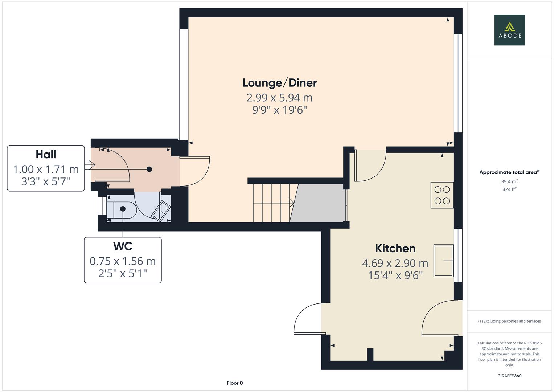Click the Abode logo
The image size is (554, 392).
(509, 30)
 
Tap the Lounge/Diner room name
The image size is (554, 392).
(279, 83)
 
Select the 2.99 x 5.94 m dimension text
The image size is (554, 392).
(279, 98)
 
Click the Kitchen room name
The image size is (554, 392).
(395, 248)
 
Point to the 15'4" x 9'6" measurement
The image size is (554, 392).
(395, 275)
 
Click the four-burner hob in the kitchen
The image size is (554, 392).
(442, 195)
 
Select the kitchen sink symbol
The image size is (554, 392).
(443, 261)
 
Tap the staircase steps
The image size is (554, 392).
(271, 203)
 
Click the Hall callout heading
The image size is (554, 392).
(46, 154)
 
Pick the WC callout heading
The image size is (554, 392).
(123, 246)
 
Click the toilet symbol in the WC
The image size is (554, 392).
(122, 209)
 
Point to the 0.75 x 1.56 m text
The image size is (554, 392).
(123, 261)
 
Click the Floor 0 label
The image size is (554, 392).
(234, 383)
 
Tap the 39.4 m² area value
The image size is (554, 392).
(509, 181)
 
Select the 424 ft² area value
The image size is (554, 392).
(509, 189)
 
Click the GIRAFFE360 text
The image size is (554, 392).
(509, 376)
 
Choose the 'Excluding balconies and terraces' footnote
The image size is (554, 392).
(509, 321)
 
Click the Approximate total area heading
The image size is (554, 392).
(509, 172)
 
